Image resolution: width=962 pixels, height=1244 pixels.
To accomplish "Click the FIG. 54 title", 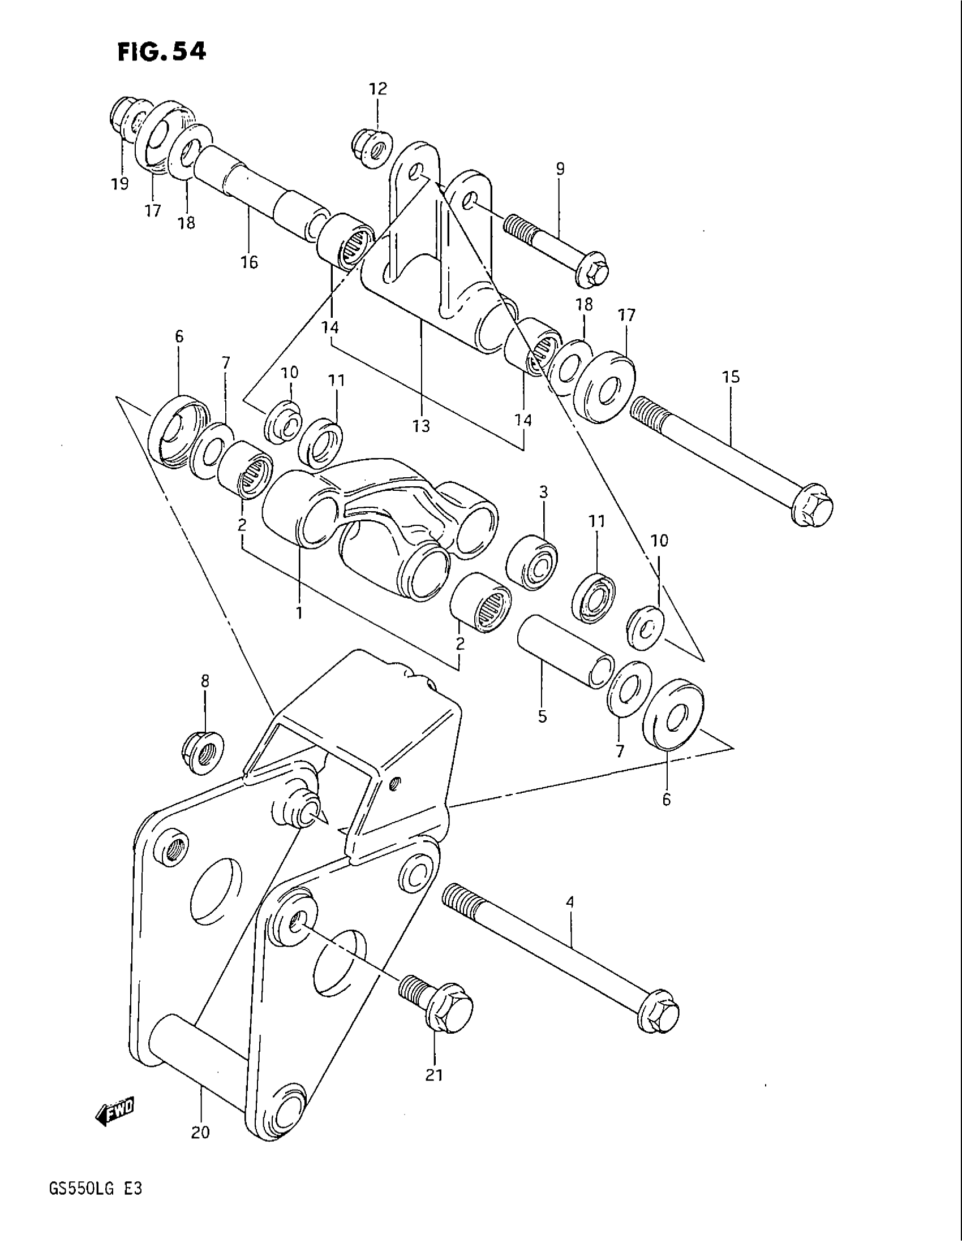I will coord(161,52).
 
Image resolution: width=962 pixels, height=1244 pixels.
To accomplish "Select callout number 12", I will coord(377,88).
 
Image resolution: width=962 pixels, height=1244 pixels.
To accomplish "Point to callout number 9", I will coord(560,169).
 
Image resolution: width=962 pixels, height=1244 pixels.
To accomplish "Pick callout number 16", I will coord(249,262).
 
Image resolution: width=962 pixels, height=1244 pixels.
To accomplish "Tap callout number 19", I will coord(120,184).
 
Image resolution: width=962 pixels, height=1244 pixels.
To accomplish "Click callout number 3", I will coord(543,492).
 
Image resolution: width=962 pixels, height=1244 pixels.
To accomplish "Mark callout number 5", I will coord(542,716).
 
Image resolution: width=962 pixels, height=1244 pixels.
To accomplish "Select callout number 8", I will coord(205,681).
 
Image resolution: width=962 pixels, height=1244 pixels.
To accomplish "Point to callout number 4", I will coord(570,902).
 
